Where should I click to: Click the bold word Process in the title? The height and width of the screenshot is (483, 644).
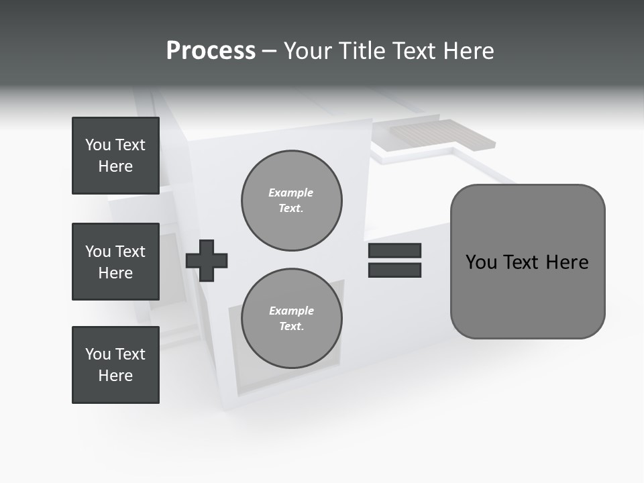pos(211,51)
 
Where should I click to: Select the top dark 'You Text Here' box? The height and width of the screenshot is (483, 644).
pos(115,156)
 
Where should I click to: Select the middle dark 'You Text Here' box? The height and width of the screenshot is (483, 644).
pos(115,262)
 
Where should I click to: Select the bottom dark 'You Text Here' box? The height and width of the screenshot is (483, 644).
pos(115,365)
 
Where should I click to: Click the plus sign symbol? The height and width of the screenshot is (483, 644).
pos(207,260)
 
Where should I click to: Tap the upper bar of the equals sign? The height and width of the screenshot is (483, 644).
pos(394,251)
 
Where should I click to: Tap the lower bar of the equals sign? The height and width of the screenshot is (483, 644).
pos(394,270)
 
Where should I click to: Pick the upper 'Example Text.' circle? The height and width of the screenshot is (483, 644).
pos(291,201)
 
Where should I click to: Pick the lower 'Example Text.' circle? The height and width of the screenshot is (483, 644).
pos(291,319)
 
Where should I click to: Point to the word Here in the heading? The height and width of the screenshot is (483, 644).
pos(468,51)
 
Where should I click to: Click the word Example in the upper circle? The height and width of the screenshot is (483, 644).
pos(290,193)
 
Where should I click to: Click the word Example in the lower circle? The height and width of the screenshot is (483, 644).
pos(291,311)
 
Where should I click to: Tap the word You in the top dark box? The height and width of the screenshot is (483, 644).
pos(98,145)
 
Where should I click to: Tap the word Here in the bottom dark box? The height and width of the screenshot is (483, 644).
pos(115,376)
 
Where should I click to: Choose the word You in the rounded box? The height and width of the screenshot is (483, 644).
pos(481,262)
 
